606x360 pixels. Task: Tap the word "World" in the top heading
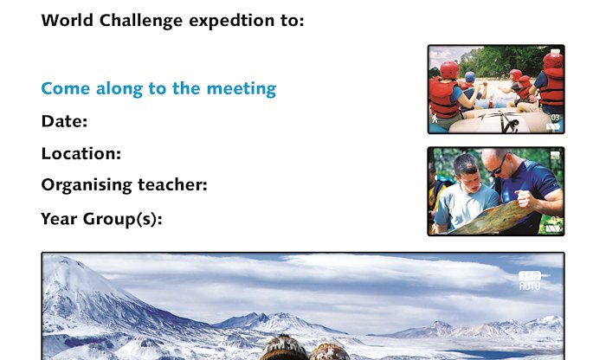click(x=67, y=20)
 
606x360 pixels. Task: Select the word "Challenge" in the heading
click(x=140, y=22)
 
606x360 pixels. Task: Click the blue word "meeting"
click(x=242, y=89)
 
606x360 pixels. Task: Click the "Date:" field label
click(x=64, y=121)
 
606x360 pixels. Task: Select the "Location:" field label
click(x=81, y=154)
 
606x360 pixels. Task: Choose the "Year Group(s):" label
click(x=101, y=219)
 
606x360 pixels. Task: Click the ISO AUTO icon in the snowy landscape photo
click(x=530, y=280)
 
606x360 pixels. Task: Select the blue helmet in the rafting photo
click(x=470, y=76)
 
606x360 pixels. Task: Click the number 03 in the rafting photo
click(x=555, y=118)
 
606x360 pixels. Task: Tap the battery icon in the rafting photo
click(x=553, y=126)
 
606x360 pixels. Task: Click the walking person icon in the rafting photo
click(x=435, y=119)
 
